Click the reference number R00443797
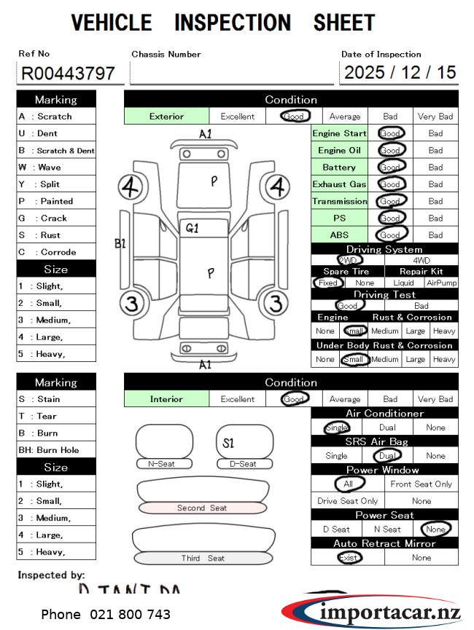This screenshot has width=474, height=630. coord(68,74)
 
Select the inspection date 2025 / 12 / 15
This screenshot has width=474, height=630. coord(400,72)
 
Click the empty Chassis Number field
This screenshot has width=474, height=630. coord(231,73)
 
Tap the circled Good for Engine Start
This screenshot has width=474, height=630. coord(390,133)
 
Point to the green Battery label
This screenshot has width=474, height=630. coord(339,168)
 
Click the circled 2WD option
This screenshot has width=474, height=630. coord(349,260)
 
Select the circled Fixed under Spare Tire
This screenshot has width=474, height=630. coord(328,283)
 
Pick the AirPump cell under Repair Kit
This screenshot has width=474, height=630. coord(440,283)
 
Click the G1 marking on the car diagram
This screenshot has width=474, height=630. coord(192,228)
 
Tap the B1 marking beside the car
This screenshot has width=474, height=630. coord(120,243)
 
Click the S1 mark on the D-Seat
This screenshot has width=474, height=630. coord(228,443)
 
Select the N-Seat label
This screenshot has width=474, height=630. coord(161,464)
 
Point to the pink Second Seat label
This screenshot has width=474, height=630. coord(202,508)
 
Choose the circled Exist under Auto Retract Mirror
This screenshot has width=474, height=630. coord(349,558)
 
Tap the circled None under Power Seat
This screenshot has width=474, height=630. coord(436,529)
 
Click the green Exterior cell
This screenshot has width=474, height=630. coord(167,117)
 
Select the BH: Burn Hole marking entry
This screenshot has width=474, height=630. coord(48,450)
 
